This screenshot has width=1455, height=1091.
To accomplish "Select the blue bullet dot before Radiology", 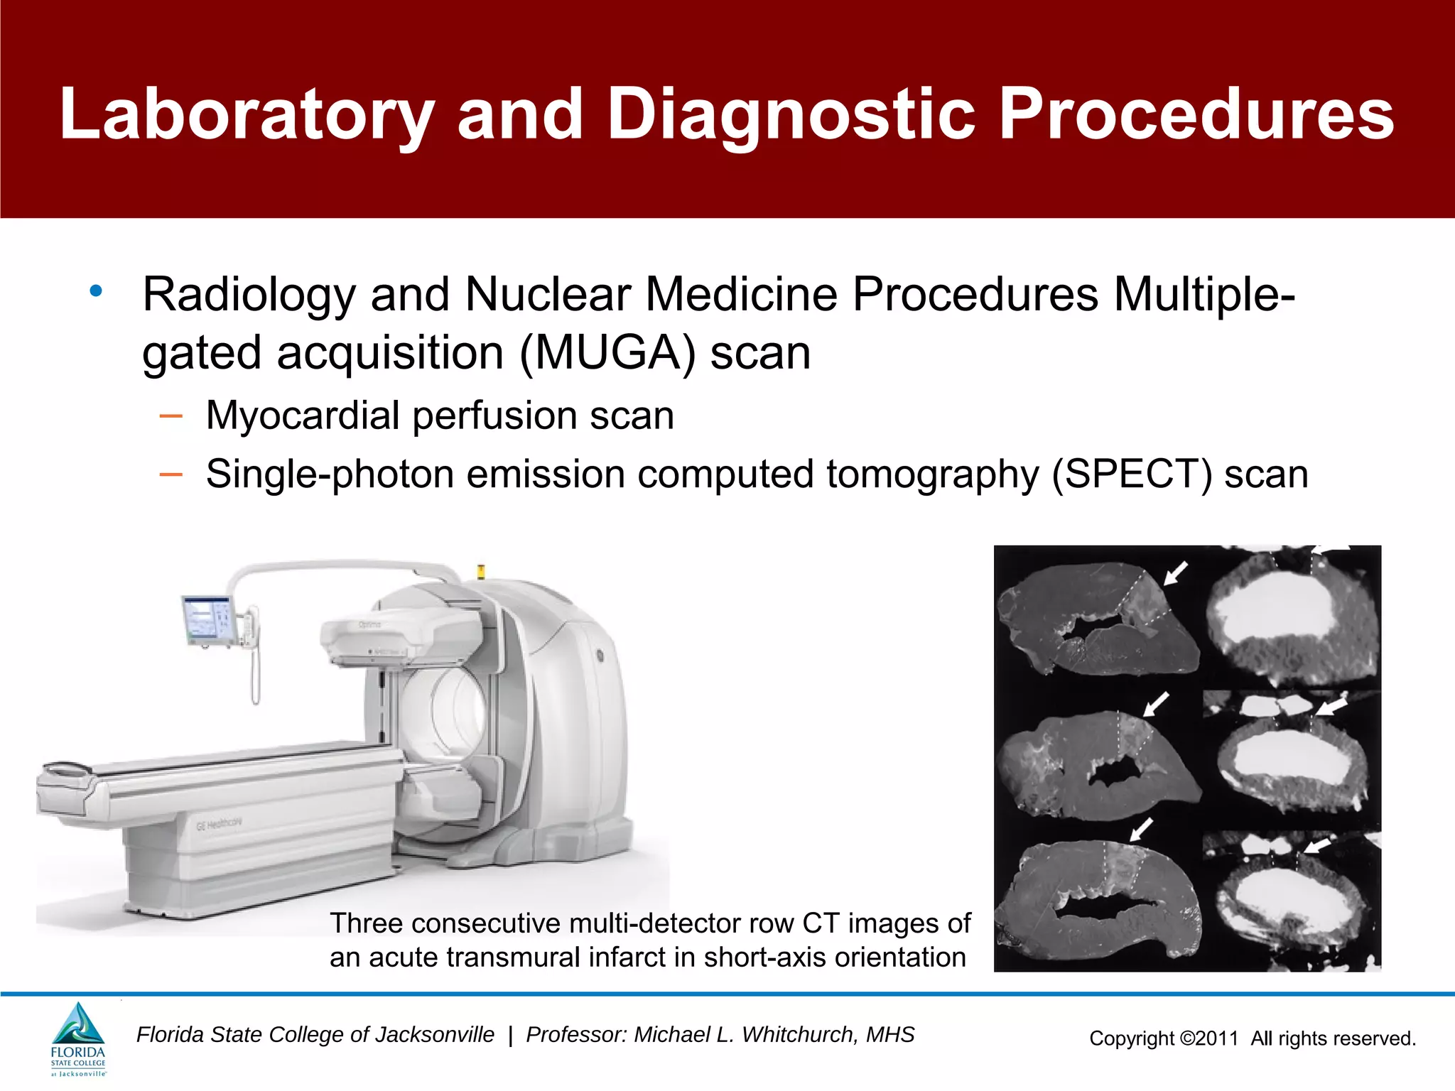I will pyautogui.click(x=96, y=291).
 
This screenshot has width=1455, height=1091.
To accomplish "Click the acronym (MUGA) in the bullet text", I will pyautogui.click(x=607, y=353).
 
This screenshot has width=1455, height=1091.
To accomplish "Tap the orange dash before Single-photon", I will pyautogui.click(x=171, y=474).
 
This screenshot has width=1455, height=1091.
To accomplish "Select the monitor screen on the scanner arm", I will pyautogui.click(x=207, y=620).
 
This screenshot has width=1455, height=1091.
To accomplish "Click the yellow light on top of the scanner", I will pyautogui.click(x=481, y=570).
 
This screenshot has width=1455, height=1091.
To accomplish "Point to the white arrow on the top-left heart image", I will pyautogui.click(x=1176, y=572).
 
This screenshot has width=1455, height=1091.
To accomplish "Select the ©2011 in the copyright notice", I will pyautogui.click(x=1209, y=1039).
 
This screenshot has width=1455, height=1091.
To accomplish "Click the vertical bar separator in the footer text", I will pyautogui.click(x=510, y=1036).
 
